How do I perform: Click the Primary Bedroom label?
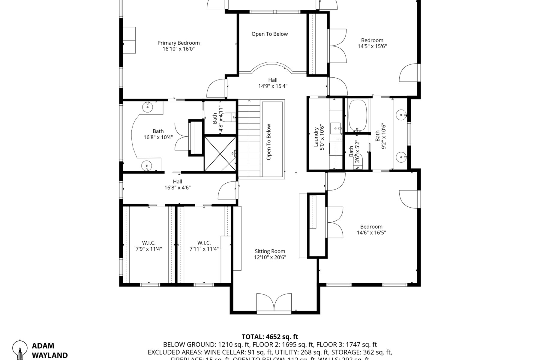pos(178,43)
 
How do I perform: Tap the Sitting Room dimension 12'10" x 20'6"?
pos(270,257)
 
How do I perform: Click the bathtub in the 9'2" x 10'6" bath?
pos(357,115)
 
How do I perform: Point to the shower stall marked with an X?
pos(220,154)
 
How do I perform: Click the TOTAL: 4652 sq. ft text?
pos(270,337)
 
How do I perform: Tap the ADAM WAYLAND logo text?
pos(49,350)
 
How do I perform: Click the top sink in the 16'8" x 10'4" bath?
pos(148,106)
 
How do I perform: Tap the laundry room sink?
pos(336,128)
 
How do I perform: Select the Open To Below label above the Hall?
pos(269,34)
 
